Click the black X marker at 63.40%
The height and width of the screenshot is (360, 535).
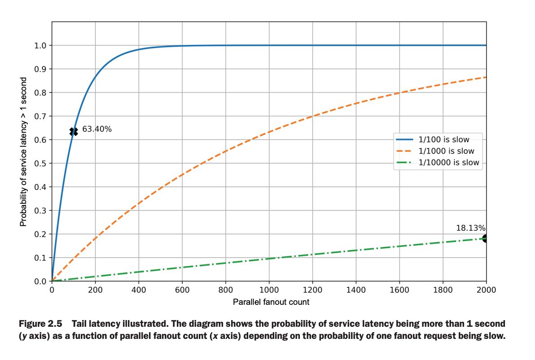pos(74,131)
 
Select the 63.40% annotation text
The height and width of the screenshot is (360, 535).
pos(97,130)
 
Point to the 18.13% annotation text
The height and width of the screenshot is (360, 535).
pos(471,228)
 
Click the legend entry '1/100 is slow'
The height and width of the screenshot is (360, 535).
pos(443,140)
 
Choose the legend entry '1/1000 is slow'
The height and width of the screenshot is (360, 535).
pos(446,151)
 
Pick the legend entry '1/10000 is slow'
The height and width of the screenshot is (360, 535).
pos(448,163)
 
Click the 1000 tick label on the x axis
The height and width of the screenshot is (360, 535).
pos(269,290)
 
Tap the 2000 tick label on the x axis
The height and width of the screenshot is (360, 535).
pos(486,290)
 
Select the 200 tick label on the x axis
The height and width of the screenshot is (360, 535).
pos(95,290)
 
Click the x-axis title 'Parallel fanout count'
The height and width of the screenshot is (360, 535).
pos(271,302)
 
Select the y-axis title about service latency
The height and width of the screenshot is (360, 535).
pos(23,152)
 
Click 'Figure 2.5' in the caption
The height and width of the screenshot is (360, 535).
pos(42,324)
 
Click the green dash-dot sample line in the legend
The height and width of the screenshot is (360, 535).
pos(405,163)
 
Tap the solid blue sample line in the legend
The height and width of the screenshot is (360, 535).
pos(405,140)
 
